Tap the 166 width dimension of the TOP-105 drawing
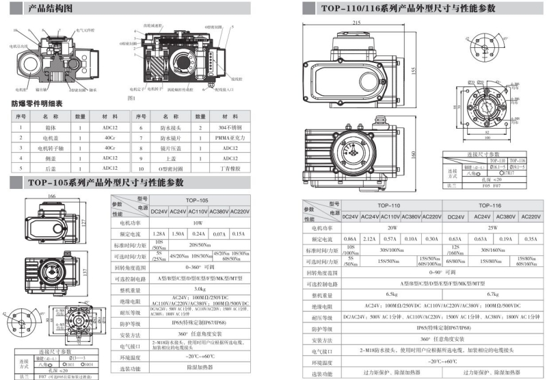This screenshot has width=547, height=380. [51, 197]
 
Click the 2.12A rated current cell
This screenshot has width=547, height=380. [370, 239]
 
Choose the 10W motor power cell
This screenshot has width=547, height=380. [198, 223]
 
